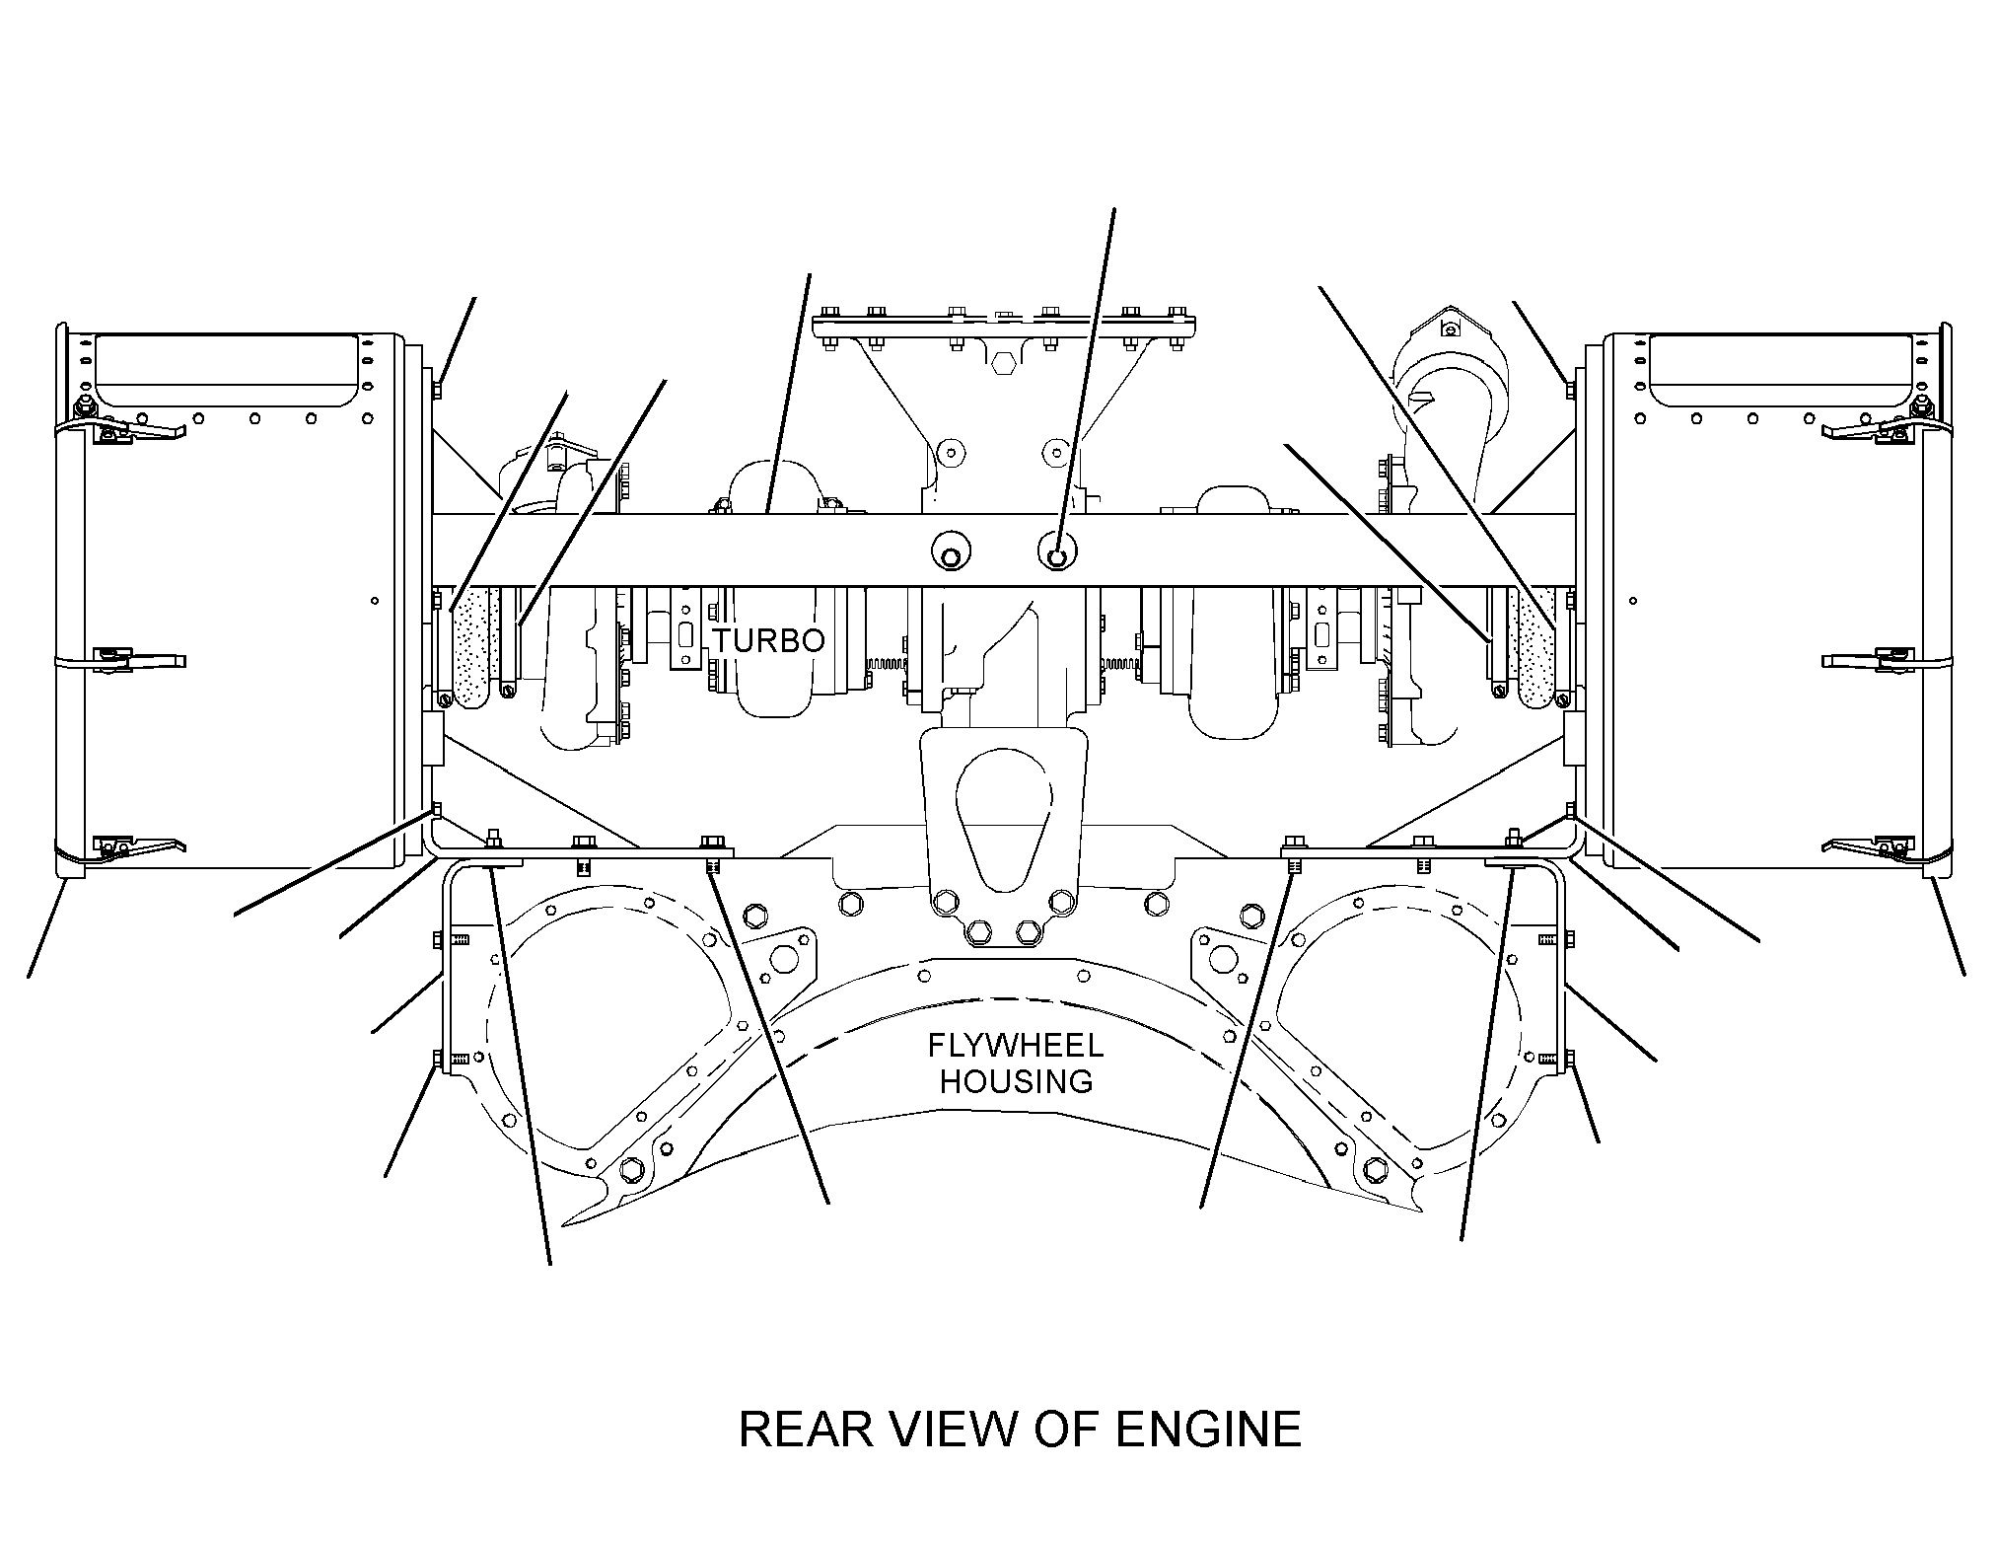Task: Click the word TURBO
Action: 769,641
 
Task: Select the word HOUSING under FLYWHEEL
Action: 1016,1081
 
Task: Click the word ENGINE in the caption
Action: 1209,1430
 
